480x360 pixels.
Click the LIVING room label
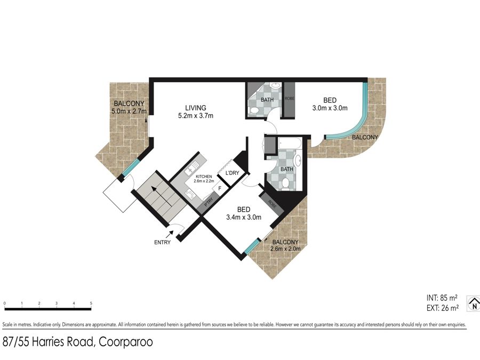coord(196,108)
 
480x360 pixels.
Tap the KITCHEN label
coord(204,177)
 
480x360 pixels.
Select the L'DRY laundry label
coord(232,173)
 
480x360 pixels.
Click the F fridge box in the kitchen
coord(220,189)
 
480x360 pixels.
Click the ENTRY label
coord(162,243)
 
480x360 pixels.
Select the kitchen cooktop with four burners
coord(190,194)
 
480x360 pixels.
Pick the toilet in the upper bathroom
coord(253,110)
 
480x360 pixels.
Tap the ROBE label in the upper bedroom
coord(289,99)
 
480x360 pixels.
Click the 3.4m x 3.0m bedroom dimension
coord(244,218)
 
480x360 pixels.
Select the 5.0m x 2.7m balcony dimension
coord(129,111)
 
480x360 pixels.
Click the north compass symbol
coord(474,304)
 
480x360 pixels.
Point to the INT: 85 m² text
coord(442,298)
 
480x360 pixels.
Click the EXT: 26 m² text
coord(443,308)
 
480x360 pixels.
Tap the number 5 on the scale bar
coord(91,303)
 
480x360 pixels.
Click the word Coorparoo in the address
coord(126,342)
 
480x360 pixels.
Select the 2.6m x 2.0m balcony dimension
coord(285,249)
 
